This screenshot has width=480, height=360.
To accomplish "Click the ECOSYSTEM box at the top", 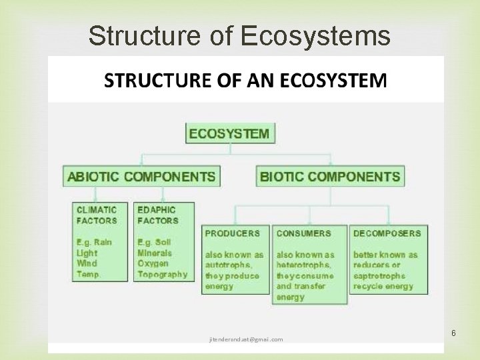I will pos(230,133).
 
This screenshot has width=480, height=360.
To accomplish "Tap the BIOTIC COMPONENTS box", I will pos(330,177).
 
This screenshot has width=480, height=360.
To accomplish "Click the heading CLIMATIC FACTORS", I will pos(97,215).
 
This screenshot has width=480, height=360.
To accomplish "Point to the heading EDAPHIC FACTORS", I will pos(158,215).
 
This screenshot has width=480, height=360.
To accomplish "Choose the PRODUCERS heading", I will pos(233,233).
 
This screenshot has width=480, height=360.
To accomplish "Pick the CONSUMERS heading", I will pos(303,233).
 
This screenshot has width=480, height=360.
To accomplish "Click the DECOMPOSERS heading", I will pos(387,233).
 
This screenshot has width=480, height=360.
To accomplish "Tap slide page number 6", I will pos(453,333).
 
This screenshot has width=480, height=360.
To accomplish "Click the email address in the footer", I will pos(246,339).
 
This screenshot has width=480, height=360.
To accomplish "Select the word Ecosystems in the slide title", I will pos(315,36).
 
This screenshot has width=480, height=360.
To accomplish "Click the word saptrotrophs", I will pos(379,275).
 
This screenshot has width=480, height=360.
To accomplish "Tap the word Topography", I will pos(162,274).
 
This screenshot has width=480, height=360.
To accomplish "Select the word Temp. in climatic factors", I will pos(89,274).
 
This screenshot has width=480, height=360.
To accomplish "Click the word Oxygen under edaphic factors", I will pos(153,263).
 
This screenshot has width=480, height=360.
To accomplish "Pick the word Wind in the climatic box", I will pos(87,263).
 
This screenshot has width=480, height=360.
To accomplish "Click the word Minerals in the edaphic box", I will pos(155,253).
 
